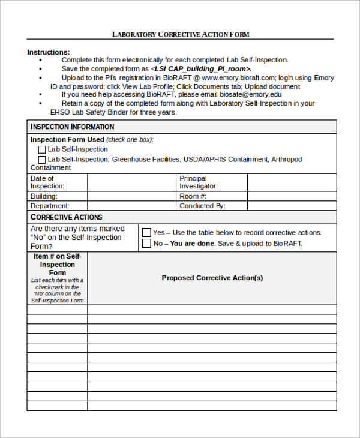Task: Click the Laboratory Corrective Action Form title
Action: (181, 34)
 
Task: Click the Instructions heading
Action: (49, 52)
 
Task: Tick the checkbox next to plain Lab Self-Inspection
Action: (42, 149)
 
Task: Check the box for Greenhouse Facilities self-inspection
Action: (42, 160)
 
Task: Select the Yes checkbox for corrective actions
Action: (146, 232)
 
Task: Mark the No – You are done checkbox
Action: (146, 244)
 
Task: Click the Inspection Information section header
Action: (72, 127)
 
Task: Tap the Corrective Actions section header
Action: (66, 217)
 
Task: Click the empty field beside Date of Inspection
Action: (132, 182)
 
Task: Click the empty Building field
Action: (132, 196)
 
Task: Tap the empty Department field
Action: (132, 206)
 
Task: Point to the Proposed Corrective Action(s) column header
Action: (212, 278)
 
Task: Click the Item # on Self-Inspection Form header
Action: (58, 265)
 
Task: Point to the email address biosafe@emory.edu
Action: (251, 94)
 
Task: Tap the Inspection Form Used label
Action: (67, 140)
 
